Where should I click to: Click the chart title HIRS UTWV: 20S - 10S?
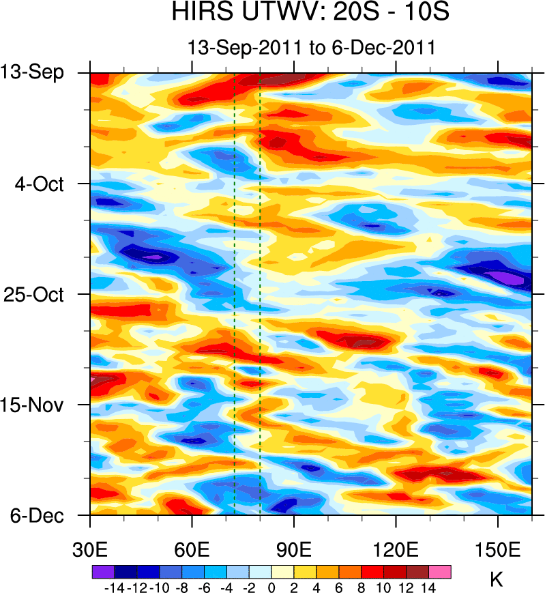[x=310, y=12]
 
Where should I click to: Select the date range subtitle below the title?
[x=311, y=48]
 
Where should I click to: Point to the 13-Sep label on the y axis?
[x=32, y=72]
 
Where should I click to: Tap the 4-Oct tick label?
[x=40, y=184]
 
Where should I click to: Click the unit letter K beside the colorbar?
[x=497, y=580]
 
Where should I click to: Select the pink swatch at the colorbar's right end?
[x=440, y=571]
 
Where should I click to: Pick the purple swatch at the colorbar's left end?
[x=102, y=571]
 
